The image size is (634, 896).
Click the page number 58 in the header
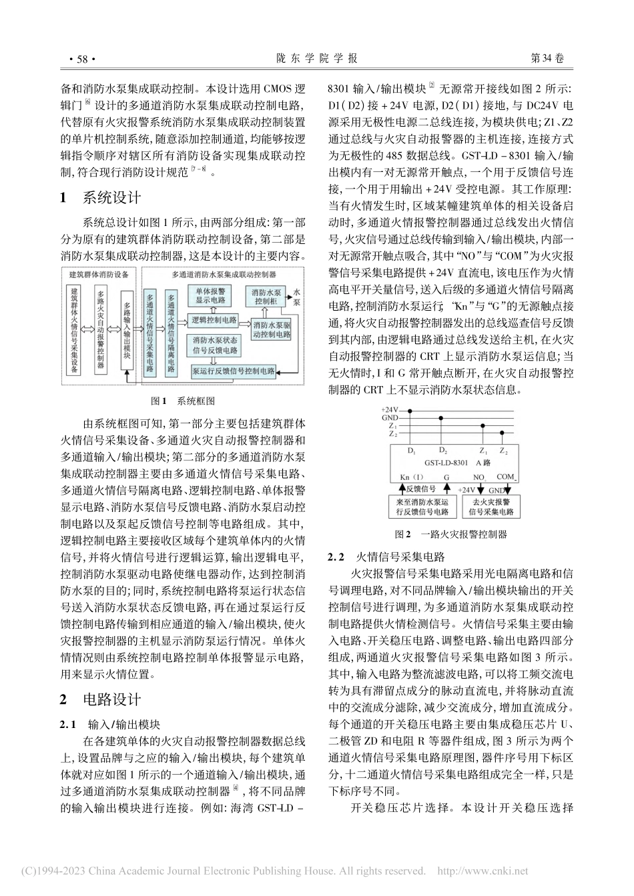click(x=83, y=59)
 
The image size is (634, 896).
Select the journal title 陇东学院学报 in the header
click(x=317, y=59)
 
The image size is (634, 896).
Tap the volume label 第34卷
click(x=545, y=59)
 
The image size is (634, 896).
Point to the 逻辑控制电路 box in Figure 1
click(x=212, y=321)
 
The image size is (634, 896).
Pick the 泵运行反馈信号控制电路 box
click(x=233, y=371)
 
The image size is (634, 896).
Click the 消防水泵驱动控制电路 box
click(x=270, y=327)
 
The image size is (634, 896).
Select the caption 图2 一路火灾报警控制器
click(x=450, y=534)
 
